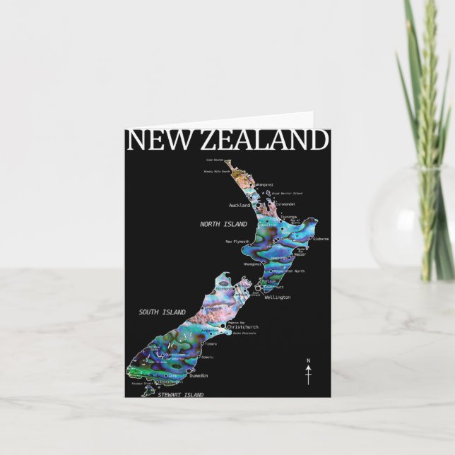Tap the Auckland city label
[x=240, y=206]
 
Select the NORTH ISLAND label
[x=223, y=224]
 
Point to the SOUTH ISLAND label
[x=162, y=312]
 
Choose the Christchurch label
[x=243, y=327]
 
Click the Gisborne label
[x=319, y=239]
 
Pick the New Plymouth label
[x=238, y=242]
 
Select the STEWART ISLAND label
[x=180, y=395]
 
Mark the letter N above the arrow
[x=308, y=361]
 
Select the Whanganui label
[x=252, y=264]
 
